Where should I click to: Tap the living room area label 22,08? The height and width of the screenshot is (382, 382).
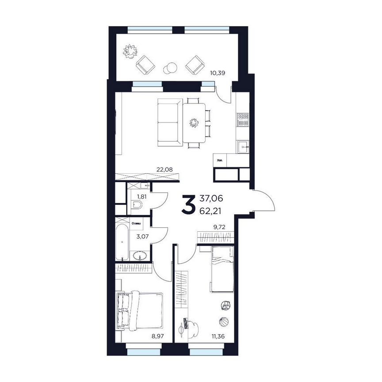[x=164, y=168]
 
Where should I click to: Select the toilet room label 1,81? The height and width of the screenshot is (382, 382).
[x=141, y=196]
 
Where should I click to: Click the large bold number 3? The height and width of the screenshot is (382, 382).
[x=188, y=205]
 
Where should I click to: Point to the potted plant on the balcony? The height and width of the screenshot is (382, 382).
[x=130, y=51]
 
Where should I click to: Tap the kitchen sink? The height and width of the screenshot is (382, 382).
[x=243, y=146]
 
